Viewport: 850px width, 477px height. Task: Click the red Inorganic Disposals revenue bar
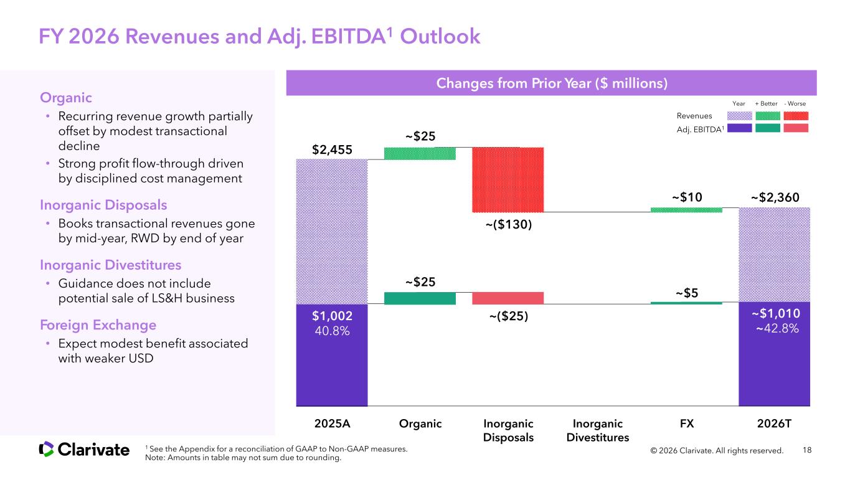tap(508, 180)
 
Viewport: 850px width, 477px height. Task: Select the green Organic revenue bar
tap(420, 154)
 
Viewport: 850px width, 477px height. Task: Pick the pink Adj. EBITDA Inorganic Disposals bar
tap(508, 298)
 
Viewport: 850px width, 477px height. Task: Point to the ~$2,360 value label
tap(775, 197)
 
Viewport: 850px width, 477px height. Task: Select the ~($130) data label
tap(508, 225)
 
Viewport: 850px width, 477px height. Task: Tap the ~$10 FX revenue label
tap(687, 197)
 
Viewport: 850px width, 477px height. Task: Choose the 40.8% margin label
tap(332, 331)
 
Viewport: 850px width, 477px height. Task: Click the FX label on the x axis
tap(687, 424)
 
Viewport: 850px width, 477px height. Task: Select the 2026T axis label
tap(775, 424)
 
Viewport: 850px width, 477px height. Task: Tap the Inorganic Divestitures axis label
tap(598, 430)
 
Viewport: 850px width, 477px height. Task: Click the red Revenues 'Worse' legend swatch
tap(795, 115)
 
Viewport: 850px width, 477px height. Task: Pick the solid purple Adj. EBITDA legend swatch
tap(739, 128)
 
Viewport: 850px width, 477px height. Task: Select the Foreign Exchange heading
tap(98, 325)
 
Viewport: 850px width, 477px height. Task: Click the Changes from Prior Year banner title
tap(551, 83)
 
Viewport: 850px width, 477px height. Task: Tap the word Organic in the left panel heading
tap(66, 98)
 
